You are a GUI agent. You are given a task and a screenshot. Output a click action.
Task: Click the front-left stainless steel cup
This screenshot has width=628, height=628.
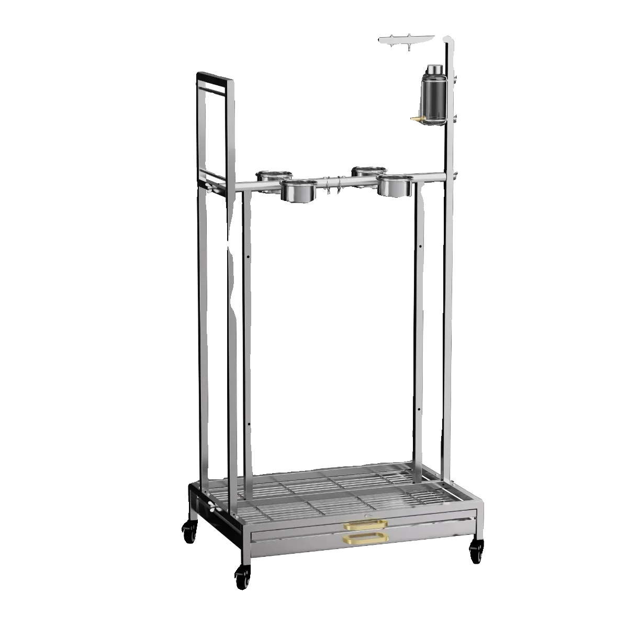(x=298, y=191)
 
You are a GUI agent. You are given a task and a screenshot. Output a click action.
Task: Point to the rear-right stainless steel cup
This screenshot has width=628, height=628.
(x=368, y=171)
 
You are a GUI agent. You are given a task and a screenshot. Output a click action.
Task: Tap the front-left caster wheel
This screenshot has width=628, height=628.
(x=242, y=575)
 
